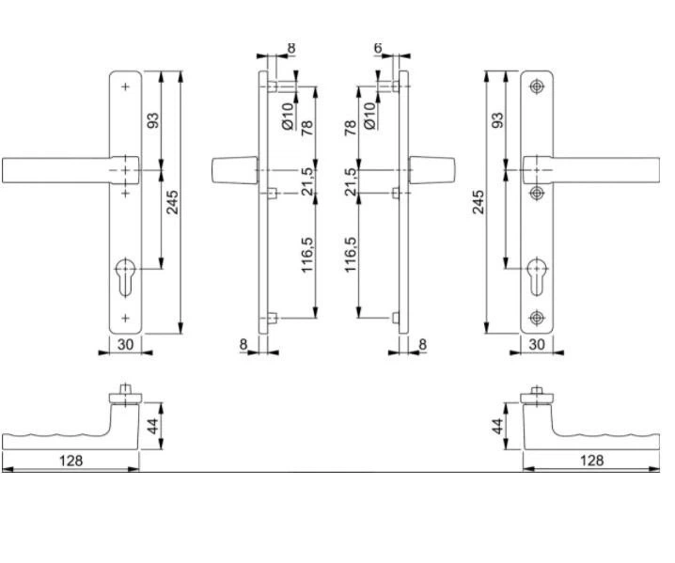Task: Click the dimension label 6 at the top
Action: pyautogui.click(x=378, y=48)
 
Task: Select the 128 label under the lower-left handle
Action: pyautogui.click(x=71, y=461)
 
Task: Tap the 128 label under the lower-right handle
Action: pyautogui.click(x=592, y=461)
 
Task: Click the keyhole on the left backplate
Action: pyautogui.click(x=125, y=276)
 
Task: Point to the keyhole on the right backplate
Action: pyautogui.click(x=537, y=276)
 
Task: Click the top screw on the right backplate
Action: pyautogui.click(x=537, y=86)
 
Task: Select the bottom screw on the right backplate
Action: pyautogui.click(x=537, y=318)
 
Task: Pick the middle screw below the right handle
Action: pyautogui.click(x=537, y=194)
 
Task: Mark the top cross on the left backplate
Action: pyautogui.click(x=125, y=86)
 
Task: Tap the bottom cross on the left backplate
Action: pyautogui.click(x=125, y=318)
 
